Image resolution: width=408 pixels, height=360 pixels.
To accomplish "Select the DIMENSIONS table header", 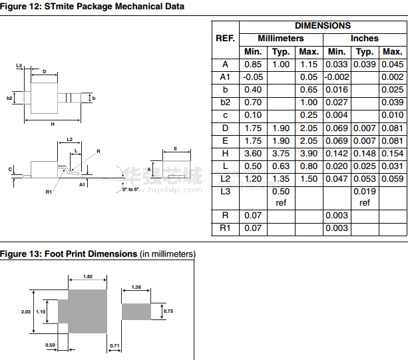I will click(322, 25).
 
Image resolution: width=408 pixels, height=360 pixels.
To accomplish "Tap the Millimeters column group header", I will click(280, 39).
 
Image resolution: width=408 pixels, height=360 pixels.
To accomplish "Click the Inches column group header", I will click(364, 39).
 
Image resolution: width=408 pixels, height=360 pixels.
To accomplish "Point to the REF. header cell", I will click(225, 39).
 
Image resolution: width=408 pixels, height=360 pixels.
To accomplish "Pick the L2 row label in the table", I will click(225, 178).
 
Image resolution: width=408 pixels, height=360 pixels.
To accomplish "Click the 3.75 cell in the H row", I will click(281, 153).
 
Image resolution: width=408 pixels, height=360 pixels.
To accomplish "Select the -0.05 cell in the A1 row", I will click(253, 77).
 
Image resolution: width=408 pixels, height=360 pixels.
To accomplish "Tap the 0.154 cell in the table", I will click(393, 153).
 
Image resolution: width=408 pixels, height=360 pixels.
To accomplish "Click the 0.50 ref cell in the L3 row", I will click(281, 197).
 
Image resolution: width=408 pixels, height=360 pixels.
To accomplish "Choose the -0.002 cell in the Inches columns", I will click(337, 77).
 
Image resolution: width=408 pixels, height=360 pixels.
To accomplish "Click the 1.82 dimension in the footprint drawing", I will click(87, 277).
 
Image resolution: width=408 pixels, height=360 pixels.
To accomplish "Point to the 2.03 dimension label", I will click(26, 311).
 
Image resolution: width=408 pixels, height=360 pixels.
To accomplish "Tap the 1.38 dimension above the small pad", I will click(136, 287).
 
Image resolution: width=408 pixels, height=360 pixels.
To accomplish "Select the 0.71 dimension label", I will click(114, 346).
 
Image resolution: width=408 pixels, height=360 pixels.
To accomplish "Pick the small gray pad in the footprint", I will click(136, 311).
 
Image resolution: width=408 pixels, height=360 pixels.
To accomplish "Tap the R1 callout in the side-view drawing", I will click(49, 192).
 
